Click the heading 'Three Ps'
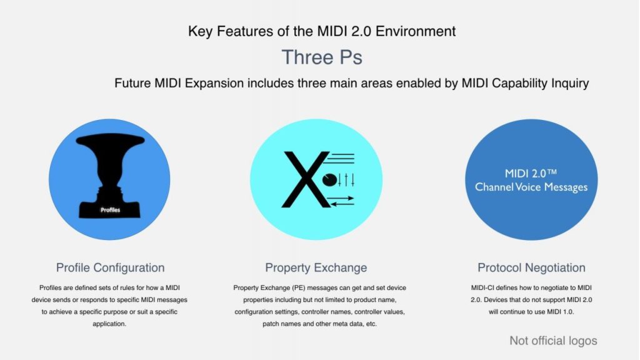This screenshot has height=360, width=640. [322, 57]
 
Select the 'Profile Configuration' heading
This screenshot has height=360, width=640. [110, 267]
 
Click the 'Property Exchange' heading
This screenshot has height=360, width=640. [316, 267]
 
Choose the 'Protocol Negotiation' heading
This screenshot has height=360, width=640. [531, 267]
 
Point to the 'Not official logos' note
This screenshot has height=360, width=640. [553, 341]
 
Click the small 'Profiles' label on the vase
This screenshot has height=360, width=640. [110, 211]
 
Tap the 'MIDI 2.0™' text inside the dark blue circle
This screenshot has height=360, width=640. [531, 173]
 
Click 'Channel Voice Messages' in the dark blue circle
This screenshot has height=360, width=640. [531, 186]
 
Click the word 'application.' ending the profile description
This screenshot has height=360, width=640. [110, 324]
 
